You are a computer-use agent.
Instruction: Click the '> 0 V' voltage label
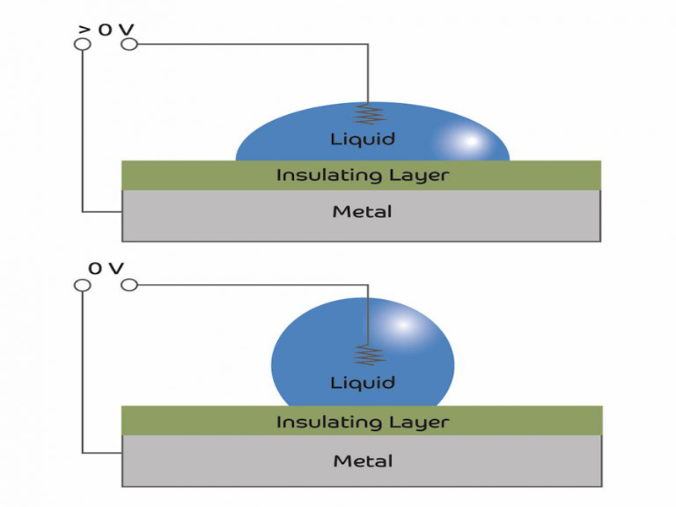point(106,30)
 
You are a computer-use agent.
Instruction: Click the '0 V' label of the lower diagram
point(106,269)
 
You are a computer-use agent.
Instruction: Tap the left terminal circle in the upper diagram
point(83,44)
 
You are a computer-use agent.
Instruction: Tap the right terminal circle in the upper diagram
point(129,44)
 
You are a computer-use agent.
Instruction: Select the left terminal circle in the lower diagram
point(83,286)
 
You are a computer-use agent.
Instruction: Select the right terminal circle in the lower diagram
point(129,286)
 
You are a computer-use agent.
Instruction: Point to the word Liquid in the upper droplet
point(363,139)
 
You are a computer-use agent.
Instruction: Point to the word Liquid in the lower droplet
point(363,383)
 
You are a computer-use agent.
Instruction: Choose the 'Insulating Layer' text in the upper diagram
point(362,176)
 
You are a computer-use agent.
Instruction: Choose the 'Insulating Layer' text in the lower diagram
point(362,421)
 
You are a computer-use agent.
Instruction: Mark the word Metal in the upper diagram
point(362,211)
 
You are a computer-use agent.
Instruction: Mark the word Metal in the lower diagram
point(363,461)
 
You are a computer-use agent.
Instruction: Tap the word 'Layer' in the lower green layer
point(420,421)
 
